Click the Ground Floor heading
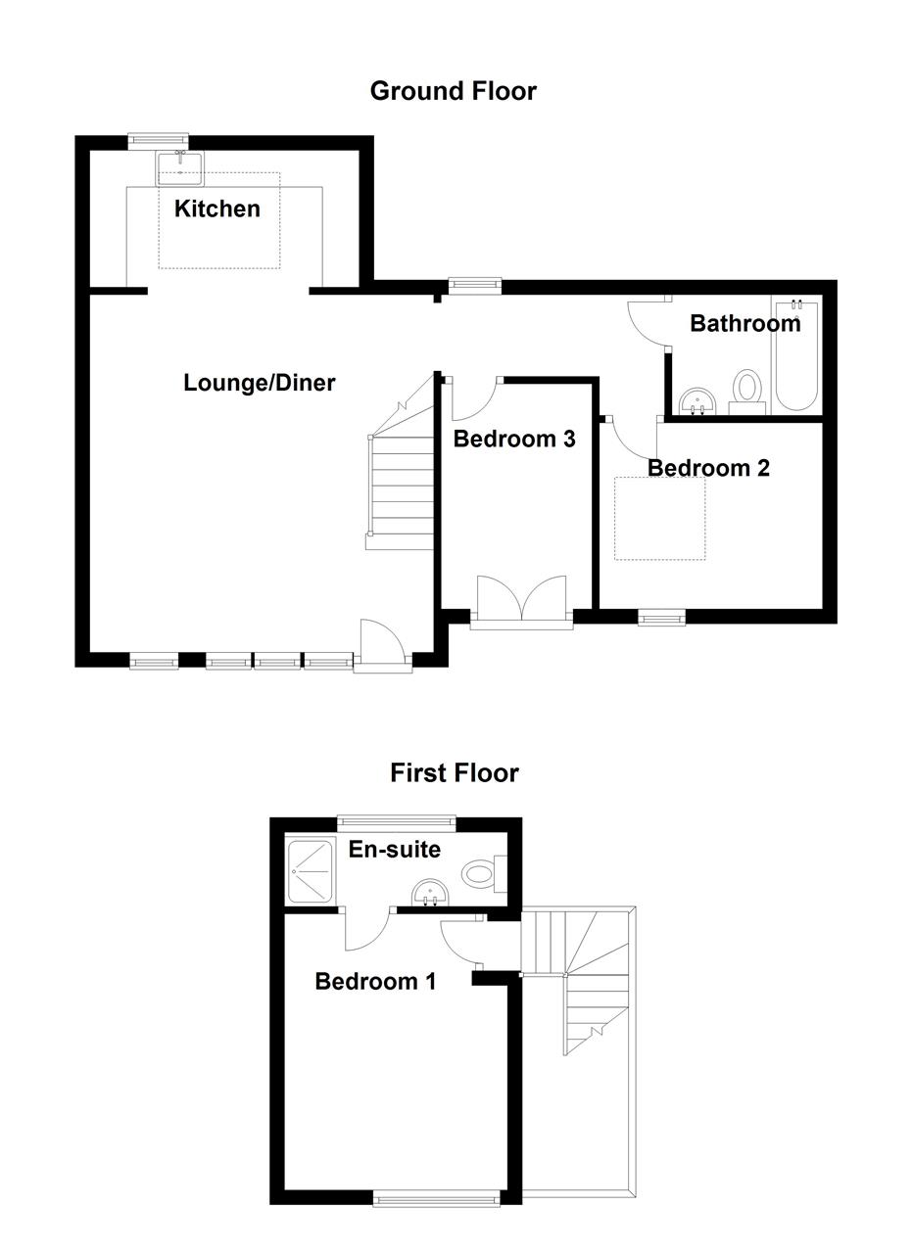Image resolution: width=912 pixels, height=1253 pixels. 453,91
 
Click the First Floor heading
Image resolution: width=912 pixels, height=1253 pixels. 454,772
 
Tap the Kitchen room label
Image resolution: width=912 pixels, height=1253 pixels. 217,209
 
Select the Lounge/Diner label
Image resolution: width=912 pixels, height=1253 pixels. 259,383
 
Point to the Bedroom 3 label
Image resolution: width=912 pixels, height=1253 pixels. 513,439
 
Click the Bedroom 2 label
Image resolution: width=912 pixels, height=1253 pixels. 708,468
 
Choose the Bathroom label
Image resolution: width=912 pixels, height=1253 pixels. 744,323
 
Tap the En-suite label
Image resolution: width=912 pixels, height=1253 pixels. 394,850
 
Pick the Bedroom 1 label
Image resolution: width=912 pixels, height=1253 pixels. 375,981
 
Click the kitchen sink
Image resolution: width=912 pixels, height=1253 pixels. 179,168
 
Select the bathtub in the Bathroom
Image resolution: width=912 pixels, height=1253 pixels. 795,355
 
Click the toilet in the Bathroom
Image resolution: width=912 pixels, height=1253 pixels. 747,390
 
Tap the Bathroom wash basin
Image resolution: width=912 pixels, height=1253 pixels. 697,401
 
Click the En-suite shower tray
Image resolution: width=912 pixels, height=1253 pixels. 311,870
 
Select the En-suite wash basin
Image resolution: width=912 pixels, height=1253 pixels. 430,892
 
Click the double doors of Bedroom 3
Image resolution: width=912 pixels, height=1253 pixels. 521,600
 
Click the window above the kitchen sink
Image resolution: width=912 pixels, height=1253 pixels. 159,141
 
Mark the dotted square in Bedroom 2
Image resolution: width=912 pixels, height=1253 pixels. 659,519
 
